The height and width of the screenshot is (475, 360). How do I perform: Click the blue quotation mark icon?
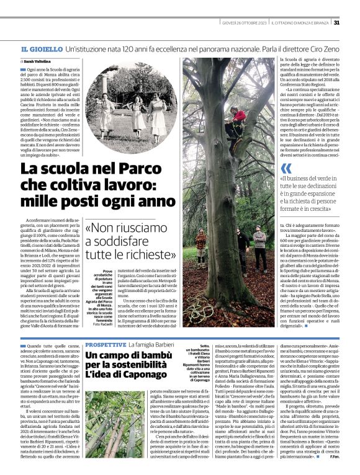coord(286,168)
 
